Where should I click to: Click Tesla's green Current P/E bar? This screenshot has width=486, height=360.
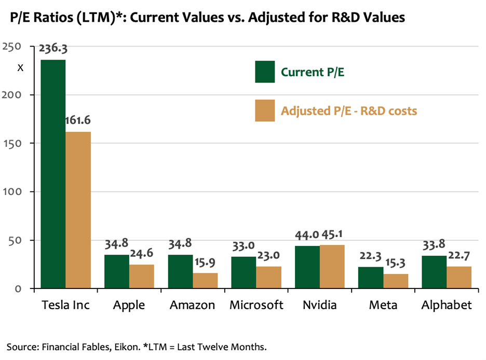pos(53,174)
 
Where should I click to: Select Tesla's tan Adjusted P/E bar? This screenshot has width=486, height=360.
pos(78,210)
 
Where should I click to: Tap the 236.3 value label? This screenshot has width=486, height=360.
pos(52,50)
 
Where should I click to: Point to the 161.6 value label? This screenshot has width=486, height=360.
pos(77,121)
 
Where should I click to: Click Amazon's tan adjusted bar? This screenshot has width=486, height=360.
pos(205,281)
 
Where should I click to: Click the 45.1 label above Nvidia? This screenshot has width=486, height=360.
pos(332,236)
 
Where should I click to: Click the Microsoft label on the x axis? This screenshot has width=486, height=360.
pos(256,305)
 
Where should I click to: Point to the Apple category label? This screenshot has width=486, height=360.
pos(129,305)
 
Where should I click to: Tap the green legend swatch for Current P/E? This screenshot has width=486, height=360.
pos(265,72)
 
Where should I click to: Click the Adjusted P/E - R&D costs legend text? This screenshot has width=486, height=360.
pos(349,111)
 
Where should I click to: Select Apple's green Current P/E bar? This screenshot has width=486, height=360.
pos(116,271)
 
